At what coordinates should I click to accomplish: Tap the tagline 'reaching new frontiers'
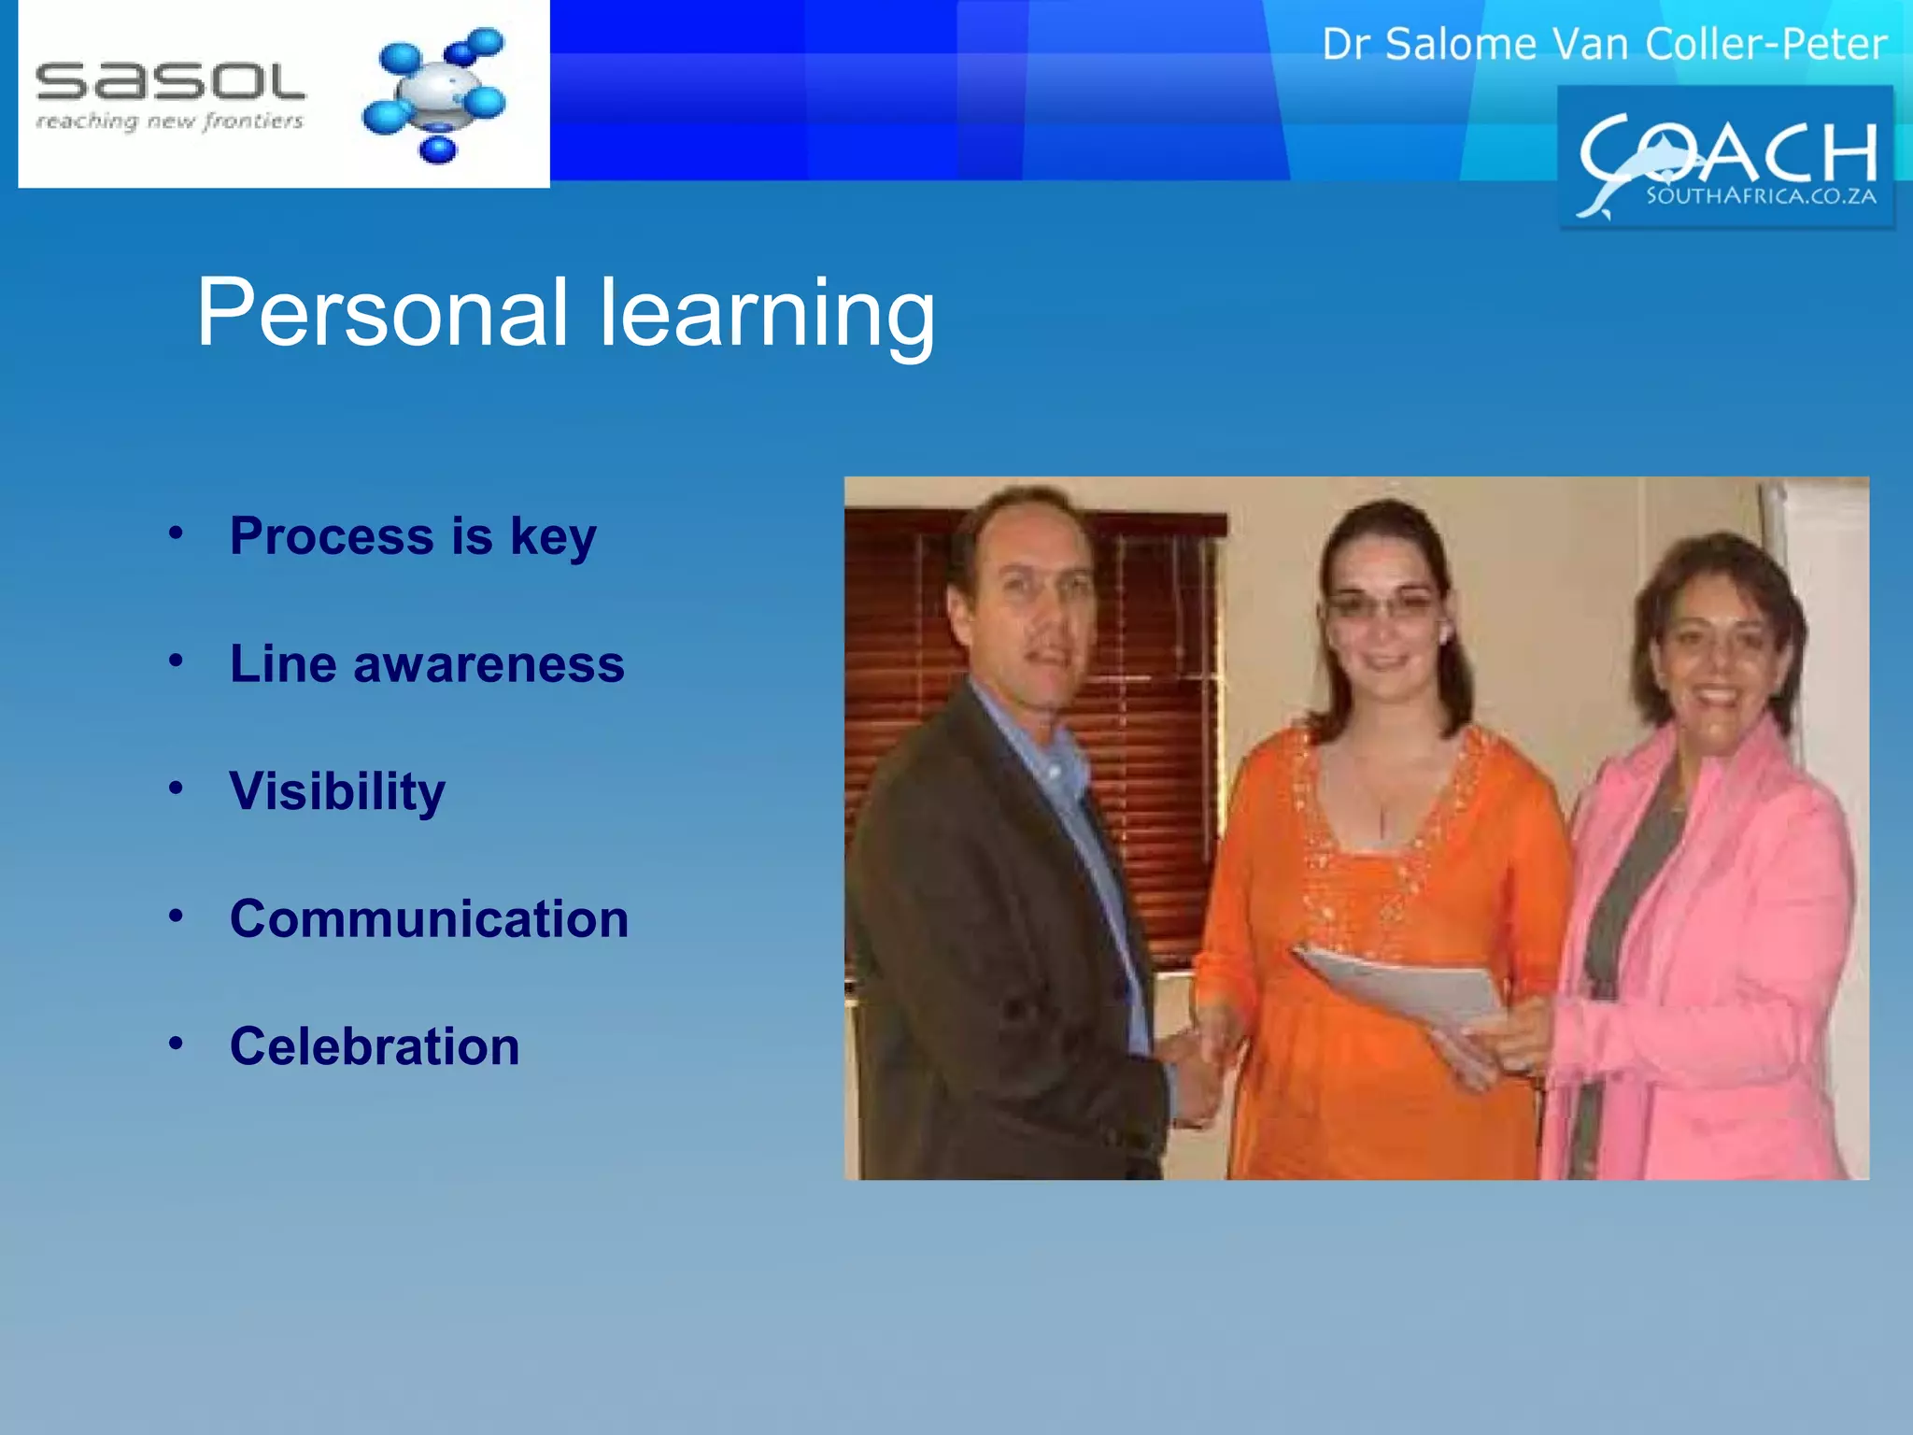(170, 121)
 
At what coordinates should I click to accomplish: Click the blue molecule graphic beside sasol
(435, 94)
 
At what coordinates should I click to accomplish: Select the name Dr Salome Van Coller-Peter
(1604, 44)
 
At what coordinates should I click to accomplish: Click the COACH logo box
(1724, 157)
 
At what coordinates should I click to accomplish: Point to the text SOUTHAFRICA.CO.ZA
(1760, 196)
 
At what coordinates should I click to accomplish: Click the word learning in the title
(766, 314)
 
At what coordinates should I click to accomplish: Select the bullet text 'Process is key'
(413, 536)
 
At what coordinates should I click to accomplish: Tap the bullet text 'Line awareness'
(427, 664)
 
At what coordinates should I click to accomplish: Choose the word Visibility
(337, 792)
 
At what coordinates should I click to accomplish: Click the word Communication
(429, 919)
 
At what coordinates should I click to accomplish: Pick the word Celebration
(375, 1046)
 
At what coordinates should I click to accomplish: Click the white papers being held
(1401, 990)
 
